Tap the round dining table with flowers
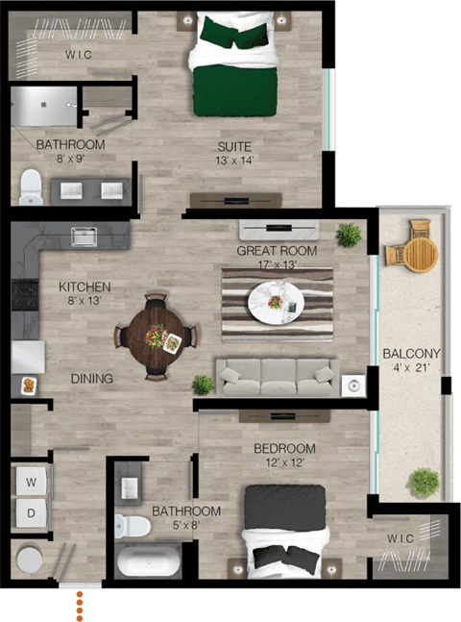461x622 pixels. tap(157, 335)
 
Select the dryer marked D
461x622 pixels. tap(31, 512)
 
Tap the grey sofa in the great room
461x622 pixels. tap(277, 377)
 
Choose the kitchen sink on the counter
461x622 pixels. tap(84, 234)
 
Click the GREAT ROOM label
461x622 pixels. tap(278, 252)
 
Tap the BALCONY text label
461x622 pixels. tap(410, 351)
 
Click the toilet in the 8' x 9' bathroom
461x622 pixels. tap(32, 186)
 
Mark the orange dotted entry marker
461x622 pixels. tap(81, 606)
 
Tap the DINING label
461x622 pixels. tap(92, 379)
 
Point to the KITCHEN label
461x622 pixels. tap(85, 286)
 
